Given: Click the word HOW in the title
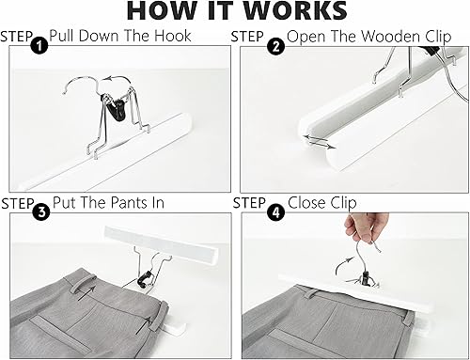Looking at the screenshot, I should [165, 11].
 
